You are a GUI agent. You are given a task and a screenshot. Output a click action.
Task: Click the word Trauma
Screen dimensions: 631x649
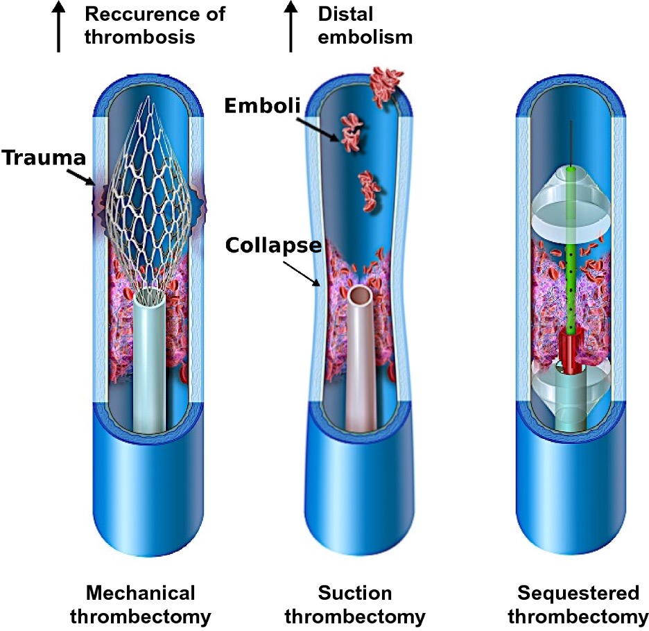tap(43, 157)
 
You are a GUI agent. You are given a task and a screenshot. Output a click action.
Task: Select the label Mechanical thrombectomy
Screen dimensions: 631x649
tap(141, 605)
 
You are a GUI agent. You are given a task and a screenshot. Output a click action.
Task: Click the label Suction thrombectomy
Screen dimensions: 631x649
tap(355, 605)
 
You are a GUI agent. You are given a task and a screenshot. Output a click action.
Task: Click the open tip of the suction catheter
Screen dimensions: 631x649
tap(361, 296)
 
